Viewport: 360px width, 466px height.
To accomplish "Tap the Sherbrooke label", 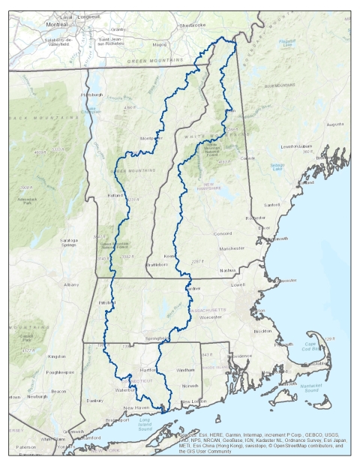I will [x=191, y=25].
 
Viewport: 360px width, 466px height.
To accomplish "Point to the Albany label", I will [x=71, y=284].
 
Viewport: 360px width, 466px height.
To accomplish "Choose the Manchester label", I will [x=233, y=248].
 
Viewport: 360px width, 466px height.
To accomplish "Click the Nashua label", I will [x=229, y=269].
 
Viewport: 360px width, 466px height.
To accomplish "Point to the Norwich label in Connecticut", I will [x=190, y=386].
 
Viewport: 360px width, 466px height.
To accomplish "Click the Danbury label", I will [x=95, y=401].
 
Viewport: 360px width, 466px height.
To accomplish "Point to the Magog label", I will [x=158, y=44].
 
